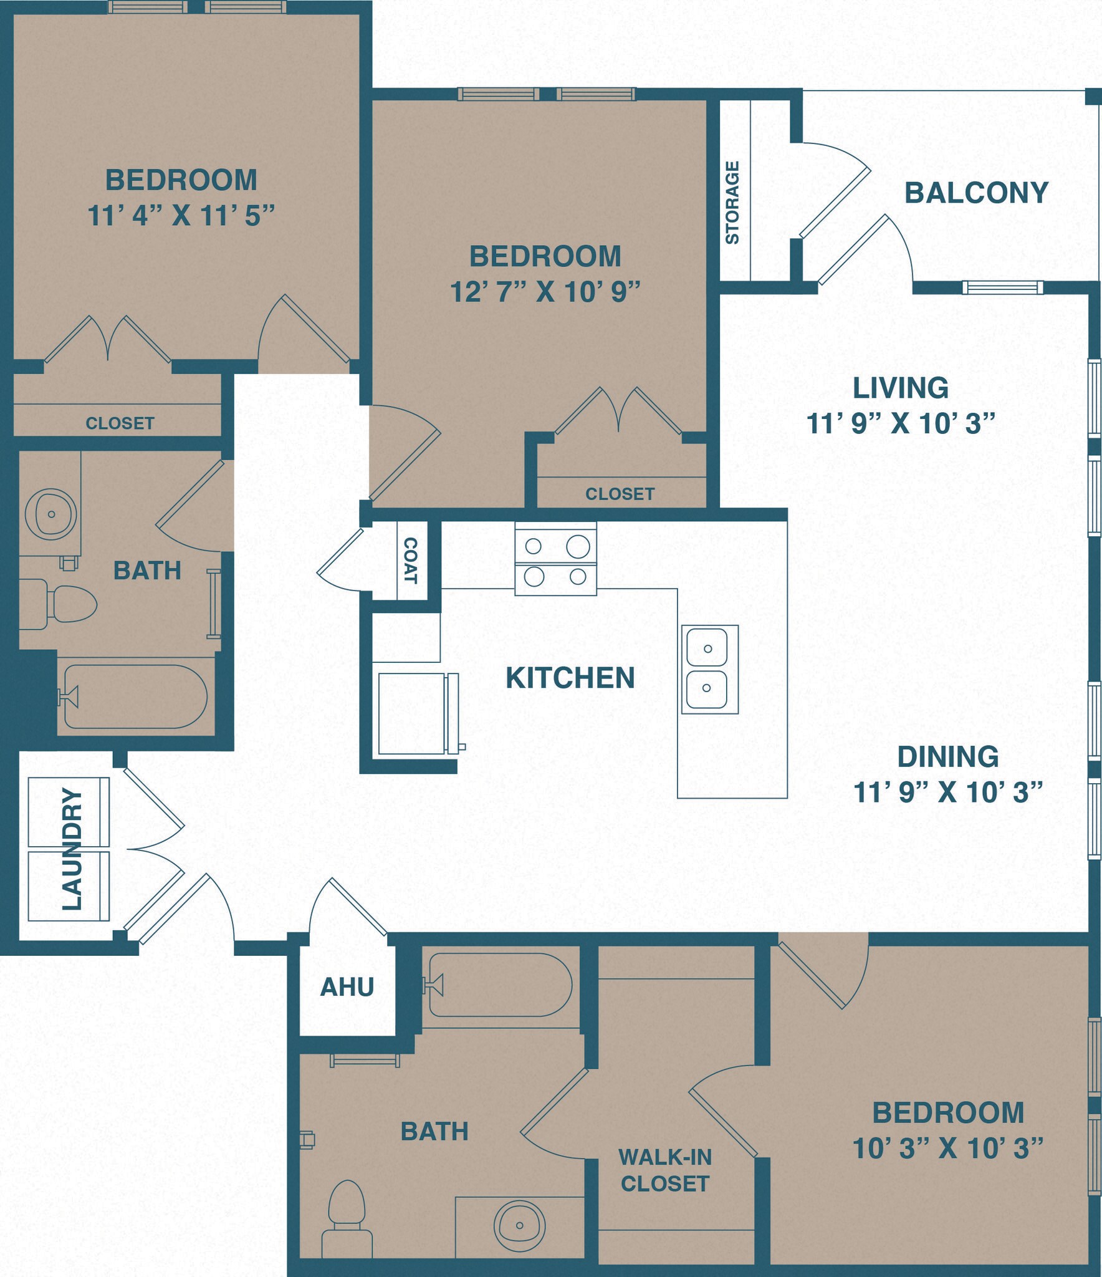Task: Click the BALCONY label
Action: coord(976,193)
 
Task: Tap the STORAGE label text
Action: coord(732,203)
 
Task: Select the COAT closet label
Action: coord(411,561)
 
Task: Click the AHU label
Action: coord(347,987)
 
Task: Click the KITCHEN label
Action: coord(570,678)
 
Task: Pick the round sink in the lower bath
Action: coord(519,1225)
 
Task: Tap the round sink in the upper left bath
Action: coord(51,514)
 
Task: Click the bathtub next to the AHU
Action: coord(499,985)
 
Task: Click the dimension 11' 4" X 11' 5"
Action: coord(181,216)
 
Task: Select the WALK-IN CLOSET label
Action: coord(664,1170)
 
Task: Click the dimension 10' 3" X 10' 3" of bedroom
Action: coord(947,1148)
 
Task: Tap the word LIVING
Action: coord(900,388)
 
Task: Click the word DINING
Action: coord(947,756)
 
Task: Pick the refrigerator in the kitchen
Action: coord(414,713)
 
